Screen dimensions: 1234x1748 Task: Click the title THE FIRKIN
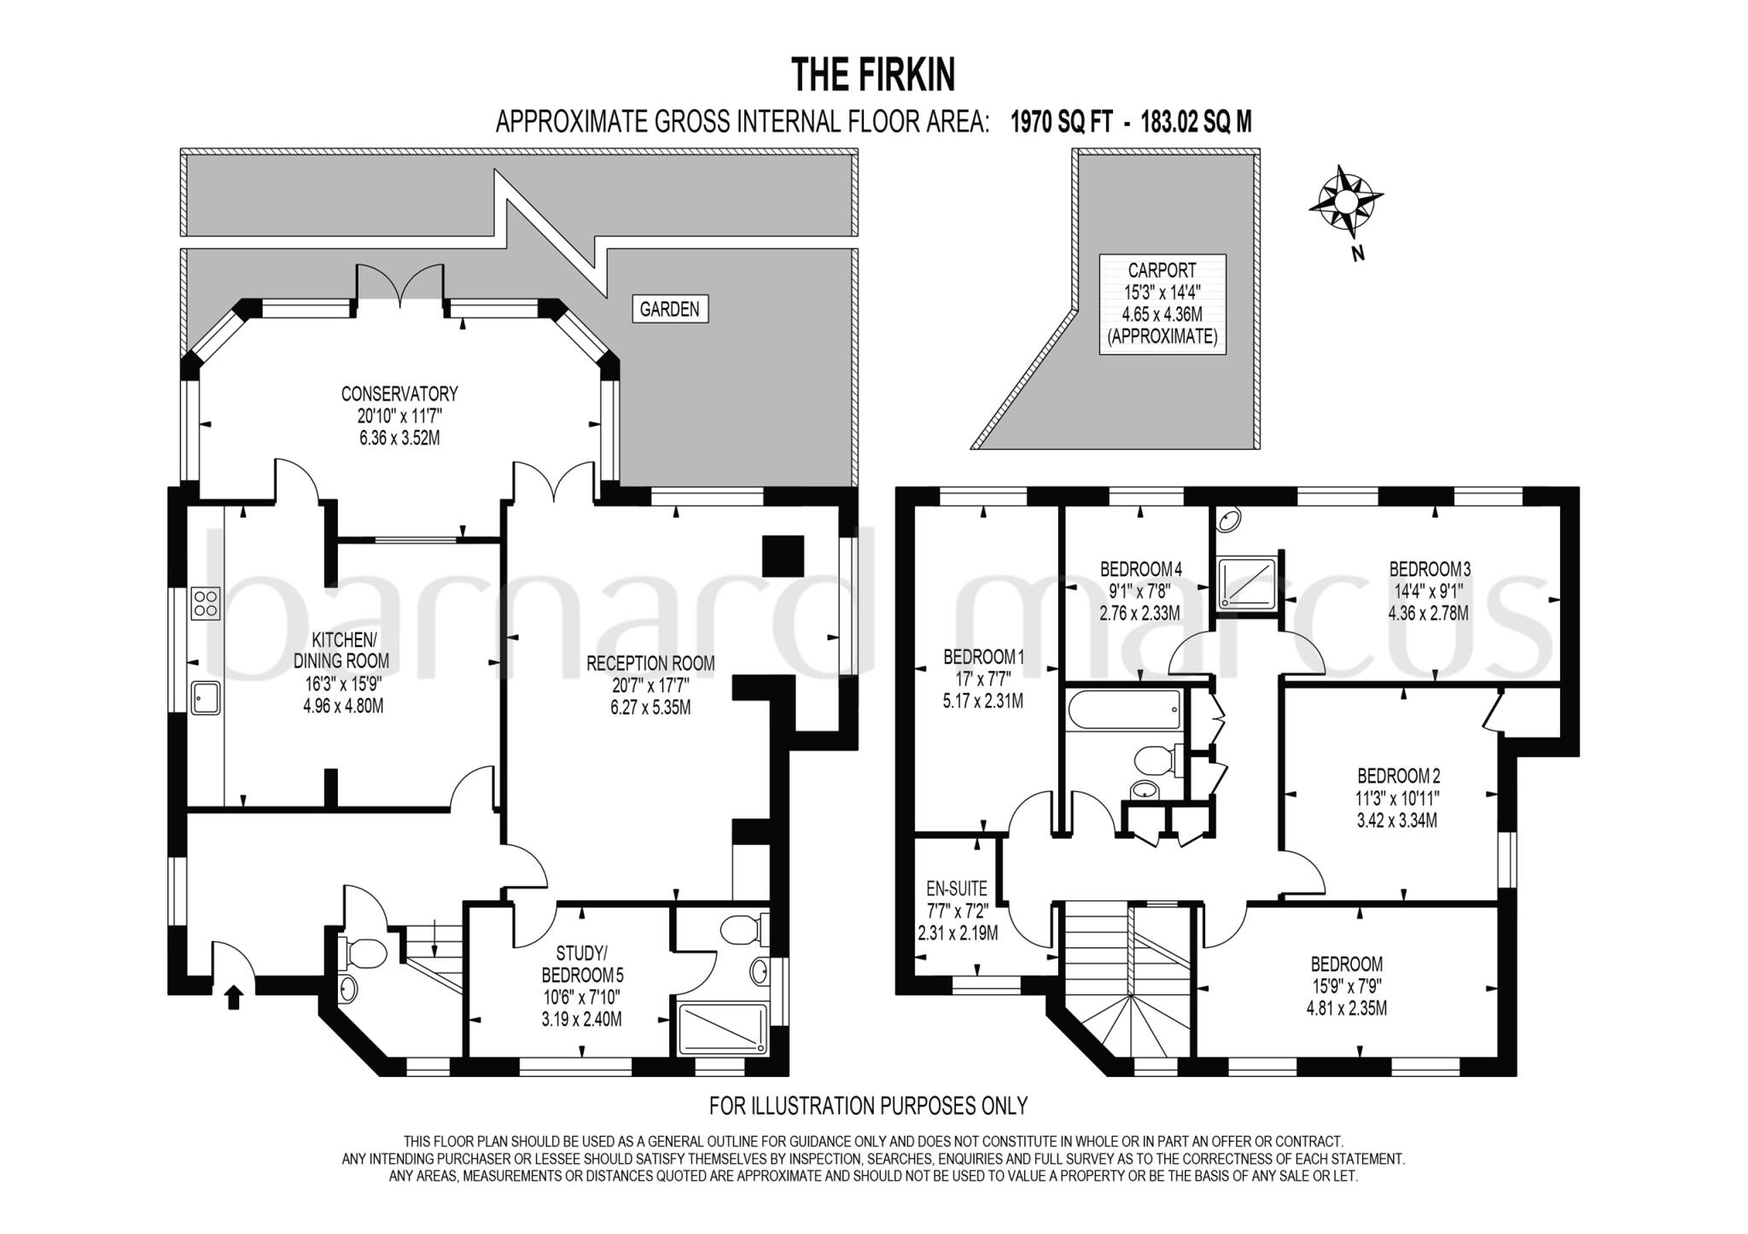tap(873, 75)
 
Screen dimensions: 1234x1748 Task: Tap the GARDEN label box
tap(669, 309)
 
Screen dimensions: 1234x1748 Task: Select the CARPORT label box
tap(1162, 304)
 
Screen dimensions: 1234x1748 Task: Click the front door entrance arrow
tap(234, 998)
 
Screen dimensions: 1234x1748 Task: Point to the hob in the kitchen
tap(206, 603)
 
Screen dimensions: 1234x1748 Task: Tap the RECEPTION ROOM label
tap(650, 663)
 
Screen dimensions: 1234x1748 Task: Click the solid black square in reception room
tap(783, 556)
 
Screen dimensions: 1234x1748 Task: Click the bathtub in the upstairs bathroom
tap(1123, 710)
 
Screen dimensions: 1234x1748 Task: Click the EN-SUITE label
tap(957, 888)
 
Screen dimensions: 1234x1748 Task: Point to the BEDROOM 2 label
tap(1398, 776)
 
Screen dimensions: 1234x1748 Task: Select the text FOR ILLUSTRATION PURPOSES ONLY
tap(868, 1106)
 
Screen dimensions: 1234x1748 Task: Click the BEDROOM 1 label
tap(983, 657)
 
